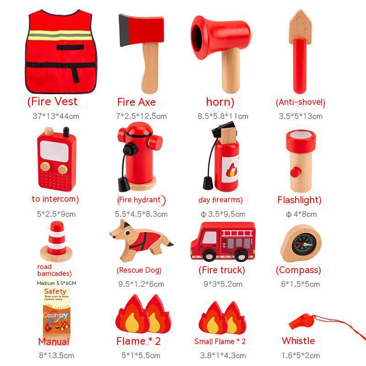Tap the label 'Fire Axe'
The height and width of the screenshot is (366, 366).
point(136,102)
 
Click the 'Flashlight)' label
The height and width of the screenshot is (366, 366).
point(299,199)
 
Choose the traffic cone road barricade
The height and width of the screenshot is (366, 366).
point(57,241)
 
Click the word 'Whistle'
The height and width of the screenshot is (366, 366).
point(298,340)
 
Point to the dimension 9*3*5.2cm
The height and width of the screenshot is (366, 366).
point(222,284)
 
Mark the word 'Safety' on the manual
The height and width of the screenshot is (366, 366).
point(55,291)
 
